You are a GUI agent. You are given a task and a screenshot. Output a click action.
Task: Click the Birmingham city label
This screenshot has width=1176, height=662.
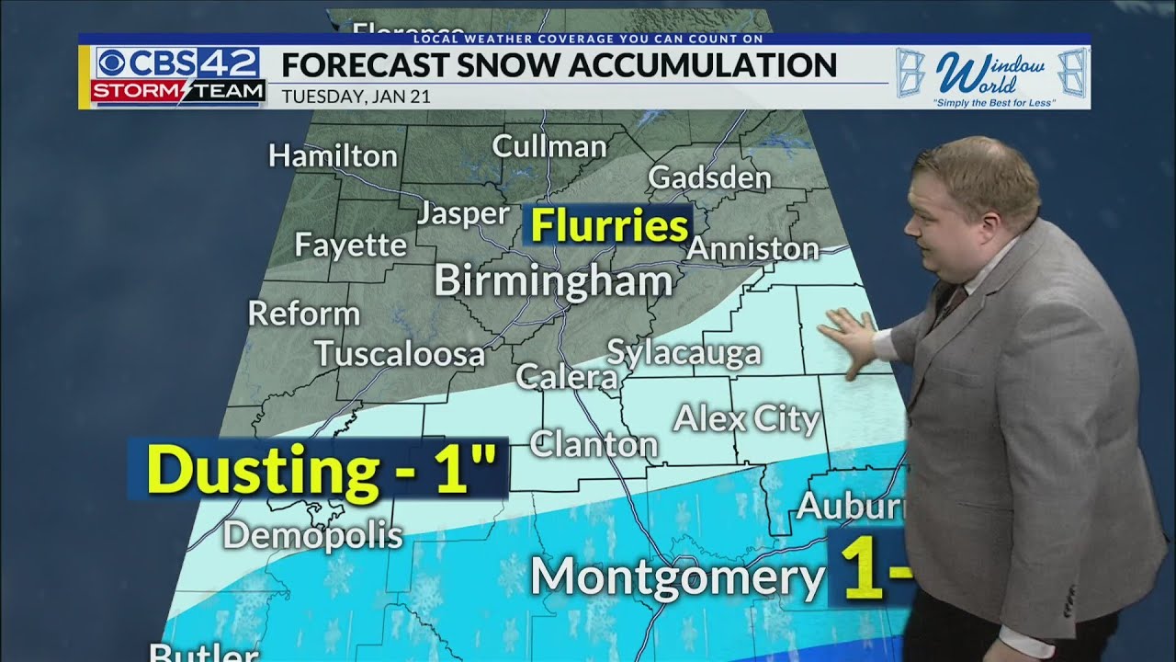(553, 280)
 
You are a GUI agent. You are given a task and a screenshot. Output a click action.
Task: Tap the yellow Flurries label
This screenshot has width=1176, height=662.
(607, 226)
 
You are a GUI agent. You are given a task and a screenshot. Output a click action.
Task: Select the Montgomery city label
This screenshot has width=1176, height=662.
(676, 576)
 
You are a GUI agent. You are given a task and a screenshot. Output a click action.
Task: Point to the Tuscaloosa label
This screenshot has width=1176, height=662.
(400, 354)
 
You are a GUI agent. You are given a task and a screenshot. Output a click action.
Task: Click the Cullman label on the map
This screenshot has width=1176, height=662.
(549, 146)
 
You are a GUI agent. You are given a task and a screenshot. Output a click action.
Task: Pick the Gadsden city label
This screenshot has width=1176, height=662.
(709, 177)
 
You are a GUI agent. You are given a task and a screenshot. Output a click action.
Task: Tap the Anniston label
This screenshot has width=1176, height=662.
(752, 248)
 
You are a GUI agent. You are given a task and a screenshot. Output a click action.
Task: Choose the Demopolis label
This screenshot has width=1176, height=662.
(313, 535)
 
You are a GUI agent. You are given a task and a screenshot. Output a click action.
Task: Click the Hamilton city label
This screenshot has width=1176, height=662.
(333, 156)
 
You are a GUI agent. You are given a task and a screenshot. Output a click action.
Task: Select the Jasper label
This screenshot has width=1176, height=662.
(463, 214)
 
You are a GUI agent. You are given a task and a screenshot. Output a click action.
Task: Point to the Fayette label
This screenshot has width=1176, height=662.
(350, 245)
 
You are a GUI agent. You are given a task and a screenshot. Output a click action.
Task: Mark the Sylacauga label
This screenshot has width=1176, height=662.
(684, 353)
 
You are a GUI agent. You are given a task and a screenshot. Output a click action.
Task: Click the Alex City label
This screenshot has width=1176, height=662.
(746, 419)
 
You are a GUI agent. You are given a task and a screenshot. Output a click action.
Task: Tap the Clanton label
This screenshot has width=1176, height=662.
(594, 445)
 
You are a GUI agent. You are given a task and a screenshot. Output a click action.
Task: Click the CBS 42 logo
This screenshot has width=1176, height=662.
(178, 63)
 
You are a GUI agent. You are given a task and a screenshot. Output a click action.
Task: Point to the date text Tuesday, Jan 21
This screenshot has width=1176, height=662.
(356, 95)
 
